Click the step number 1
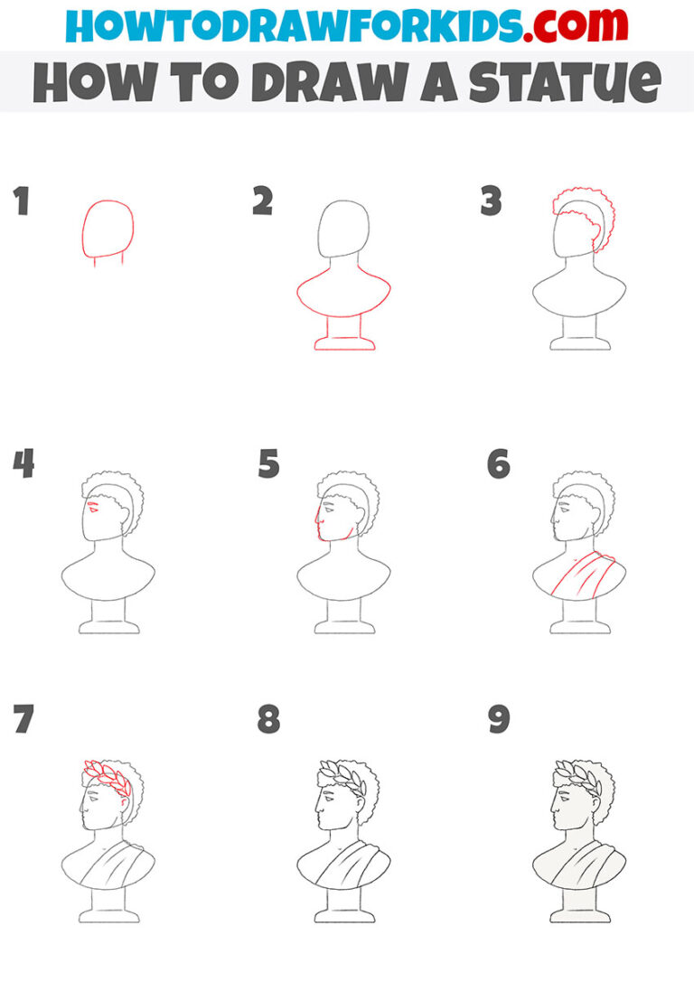coord(21,202)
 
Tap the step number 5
coord(268,464)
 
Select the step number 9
coord(498,720)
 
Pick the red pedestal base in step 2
coord(344,342)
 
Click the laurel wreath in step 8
coord(342,773)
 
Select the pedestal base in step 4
coord(108,626)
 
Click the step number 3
coord(491,202)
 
